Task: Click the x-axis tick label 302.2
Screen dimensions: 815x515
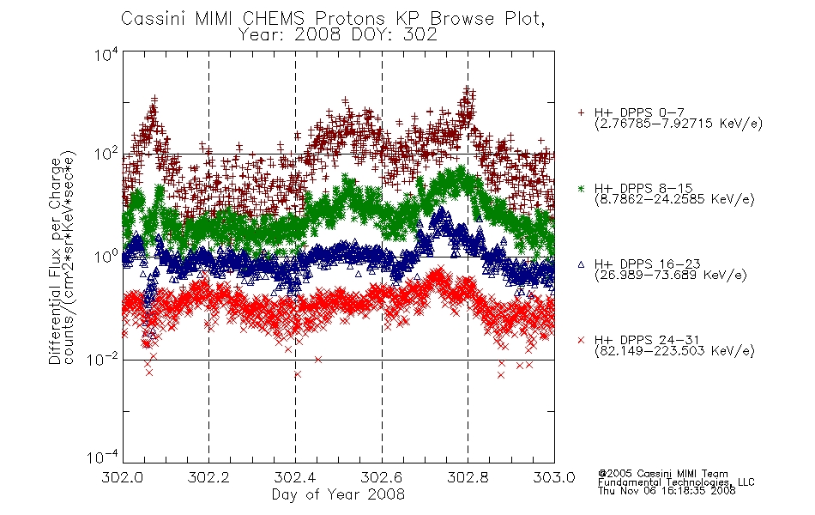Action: (208, 477)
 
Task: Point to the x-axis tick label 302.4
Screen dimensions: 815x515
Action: (295, 477)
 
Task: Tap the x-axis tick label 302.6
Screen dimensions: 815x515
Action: (382, 477)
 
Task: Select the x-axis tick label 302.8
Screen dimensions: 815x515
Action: (468, 477)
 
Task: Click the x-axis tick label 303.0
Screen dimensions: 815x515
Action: (554, 477)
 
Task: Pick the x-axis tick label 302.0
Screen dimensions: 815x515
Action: (122, 477)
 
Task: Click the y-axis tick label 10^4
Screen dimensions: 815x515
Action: (106, 54)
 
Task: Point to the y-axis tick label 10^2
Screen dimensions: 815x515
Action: (106, 154)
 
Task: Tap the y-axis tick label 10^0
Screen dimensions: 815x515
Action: (106, 257)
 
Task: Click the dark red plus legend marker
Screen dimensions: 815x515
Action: (581, 112)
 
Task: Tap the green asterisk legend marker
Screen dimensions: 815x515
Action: (581, 188)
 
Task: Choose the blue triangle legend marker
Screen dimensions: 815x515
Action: (581, 264)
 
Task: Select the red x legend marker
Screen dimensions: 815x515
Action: (581, 340)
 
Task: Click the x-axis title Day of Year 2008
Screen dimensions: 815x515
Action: (338, 494)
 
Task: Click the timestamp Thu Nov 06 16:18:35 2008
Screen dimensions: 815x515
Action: (667, 490)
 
